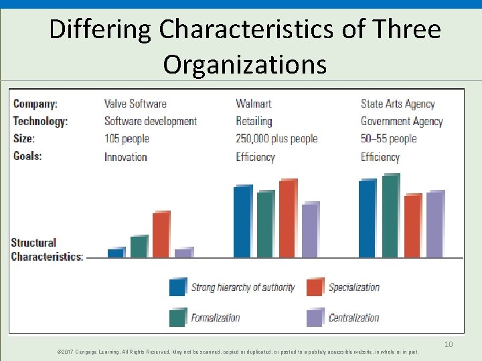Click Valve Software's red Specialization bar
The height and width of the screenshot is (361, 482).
(x=161, y=235)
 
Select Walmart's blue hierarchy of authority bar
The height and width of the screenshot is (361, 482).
(x=242, y=222)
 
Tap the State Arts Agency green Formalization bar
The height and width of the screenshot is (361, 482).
(x=390, y=217)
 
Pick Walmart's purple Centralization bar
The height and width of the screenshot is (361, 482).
(x=310, y=231)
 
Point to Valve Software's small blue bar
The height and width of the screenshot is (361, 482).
(x=115, y=253)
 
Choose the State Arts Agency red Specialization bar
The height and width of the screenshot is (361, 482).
(x=412, y=226)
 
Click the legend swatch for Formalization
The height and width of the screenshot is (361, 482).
(x=178, y=318)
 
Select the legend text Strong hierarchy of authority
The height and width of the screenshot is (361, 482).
(x=242, y=287)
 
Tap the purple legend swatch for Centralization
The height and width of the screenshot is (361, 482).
(x=315, y=318)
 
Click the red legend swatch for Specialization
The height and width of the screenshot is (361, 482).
(x=315, y=287)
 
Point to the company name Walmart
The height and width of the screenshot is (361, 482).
(x=254, y=104)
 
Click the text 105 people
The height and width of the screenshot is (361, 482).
(x=127, y=139)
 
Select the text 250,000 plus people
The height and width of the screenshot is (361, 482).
(x=276, y=139)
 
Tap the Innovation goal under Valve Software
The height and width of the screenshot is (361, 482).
(x=125, y=157)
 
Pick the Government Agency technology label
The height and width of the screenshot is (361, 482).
(x=402, y=122)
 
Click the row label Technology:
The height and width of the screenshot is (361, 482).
(x=40, y=122)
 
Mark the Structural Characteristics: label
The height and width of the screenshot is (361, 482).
(x=47, y=249)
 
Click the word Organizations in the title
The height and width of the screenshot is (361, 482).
(x=244, y=65)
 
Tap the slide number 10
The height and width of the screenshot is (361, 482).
(x=449, y=344)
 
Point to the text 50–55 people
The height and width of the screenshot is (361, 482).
(x=388, y=139)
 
